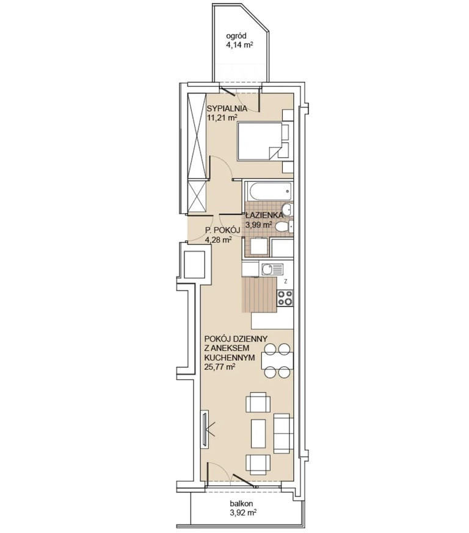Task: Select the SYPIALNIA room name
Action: click(x=227, y=109)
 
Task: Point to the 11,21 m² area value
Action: click(x=222, y=118)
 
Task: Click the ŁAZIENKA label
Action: click(x=264, y=215)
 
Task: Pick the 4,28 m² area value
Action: click(x=218, y=240)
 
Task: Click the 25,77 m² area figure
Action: click(x=220, y=366)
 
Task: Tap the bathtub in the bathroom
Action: click(x=268, y=190)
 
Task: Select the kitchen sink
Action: click(x=272, y=270)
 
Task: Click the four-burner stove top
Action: click(x=285, y=298)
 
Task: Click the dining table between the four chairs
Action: click(x=277, y=361)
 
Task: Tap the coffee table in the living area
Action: click(x=258, y=433)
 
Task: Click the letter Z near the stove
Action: click(x=286, y=281)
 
